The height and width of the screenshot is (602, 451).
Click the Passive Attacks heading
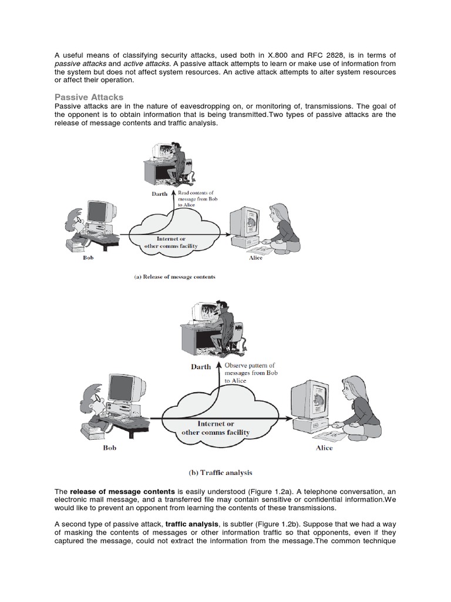pyautogui.click(x=89, y=96)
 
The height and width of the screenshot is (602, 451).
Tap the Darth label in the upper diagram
pyautogui.click(x=160, y=193)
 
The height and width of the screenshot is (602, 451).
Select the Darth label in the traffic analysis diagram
pyautogui.click(x=201, y=367)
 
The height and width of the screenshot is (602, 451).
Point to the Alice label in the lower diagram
pyautogui.click(x=324, y=448)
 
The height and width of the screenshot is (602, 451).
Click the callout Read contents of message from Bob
pyautogui.click(x=196, y=199)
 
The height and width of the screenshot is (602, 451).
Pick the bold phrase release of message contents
pyautogui.click(x=122, y=491)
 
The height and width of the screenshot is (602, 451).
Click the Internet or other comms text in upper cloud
pyautogui.click(x=171, y=243)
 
